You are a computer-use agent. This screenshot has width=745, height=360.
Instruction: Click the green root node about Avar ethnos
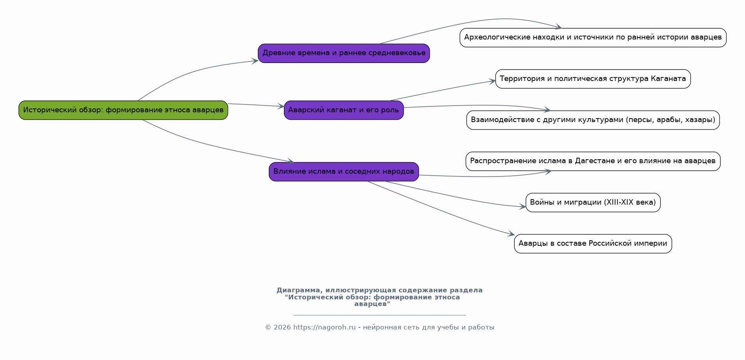click(x=123, y=110)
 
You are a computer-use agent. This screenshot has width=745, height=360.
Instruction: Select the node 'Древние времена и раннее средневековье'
click(x=344, y=53)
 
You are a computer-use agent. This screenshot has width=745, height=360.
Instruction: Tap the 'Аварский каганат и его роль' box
click(x=344, y=110)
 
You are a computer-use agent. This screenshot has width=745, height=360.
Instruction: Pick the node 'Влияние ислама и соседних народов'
click(x=344, y=171)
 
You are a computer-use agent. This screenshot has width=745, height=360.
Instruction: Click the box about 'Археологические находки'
click(x=593, y=38)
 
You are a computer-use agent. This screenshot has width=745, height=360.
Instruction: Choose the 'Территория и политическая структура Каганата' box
click(x=593, y=79)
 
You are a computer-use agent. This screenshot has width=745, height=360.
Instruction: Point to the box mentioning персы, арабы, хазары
click(x=593, y=120)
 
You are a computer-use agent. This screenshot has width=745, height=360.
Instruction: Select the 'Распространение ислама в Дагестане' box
click(x=593, y=161)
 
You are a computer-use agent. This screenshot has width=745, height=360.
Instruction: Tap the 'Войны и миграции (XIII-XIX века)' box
click(x=593, y=202)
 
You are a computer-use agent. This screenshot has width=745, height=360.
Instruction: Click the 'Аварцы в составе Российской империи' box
click(x=593, y=243)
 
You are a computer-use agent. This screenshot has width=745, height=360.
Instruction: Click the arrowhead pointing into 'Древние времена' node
click(x=255, y=61)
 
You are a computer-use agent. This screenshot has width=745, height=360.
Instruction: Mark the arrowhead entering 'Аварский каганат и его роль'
click(x=281, y=106)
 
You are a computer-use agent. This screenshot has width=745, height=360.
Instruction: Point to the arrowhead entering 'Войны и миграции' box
click(x=522, y=207)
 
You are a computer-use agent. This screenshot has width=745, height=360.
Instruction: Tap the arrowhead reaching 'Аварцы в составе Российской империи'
click(x=511, y=234)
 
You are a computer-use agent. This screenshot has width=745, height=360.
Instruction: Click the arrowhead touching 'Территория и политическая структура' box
click(x=492, y=81)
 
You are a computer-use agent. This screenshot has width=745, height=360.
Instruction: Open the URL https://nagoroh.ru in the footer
click(x=324, y=328)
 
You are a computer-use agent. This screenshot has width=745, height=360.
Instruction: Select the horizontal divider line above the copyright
click(x=379, y=315)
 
